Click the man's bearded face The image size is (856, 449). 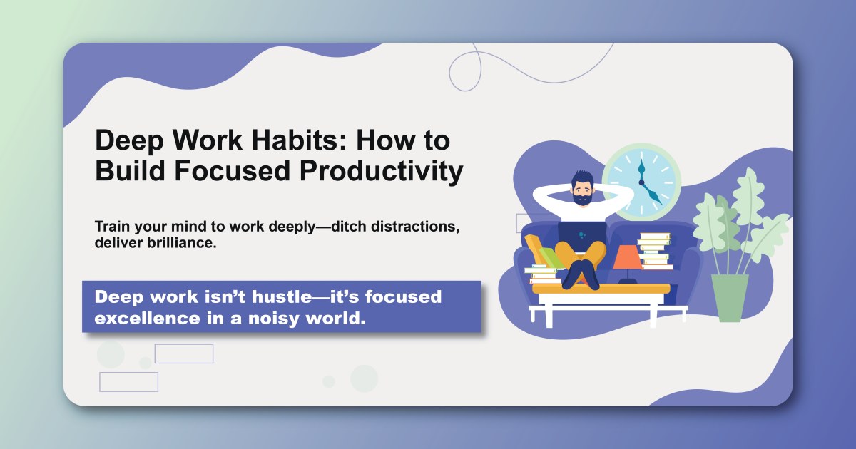582,191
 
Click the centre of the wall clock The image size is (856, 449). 641,182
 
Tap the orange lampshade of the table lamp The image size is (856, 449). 627,257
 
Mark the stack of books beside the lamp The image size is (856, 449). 655,251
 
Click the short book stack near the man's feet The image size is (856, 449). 544,274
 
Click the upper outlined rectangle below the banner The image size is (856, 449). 184,353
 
